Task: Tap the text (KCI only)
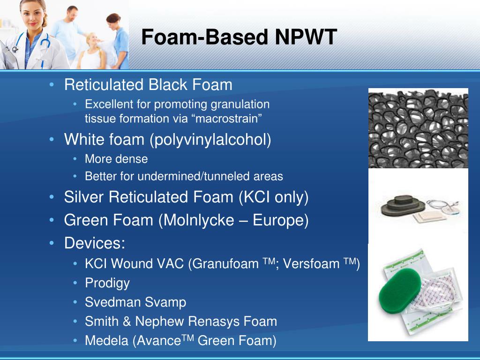(273, 197)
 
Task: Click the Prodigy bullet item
(107, 283)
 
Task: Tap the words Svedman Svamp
(135, 302)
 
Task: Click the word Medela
(106, 341)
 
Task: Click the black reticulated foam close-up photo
(418, 128)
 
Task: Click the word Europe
(280, 220)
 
